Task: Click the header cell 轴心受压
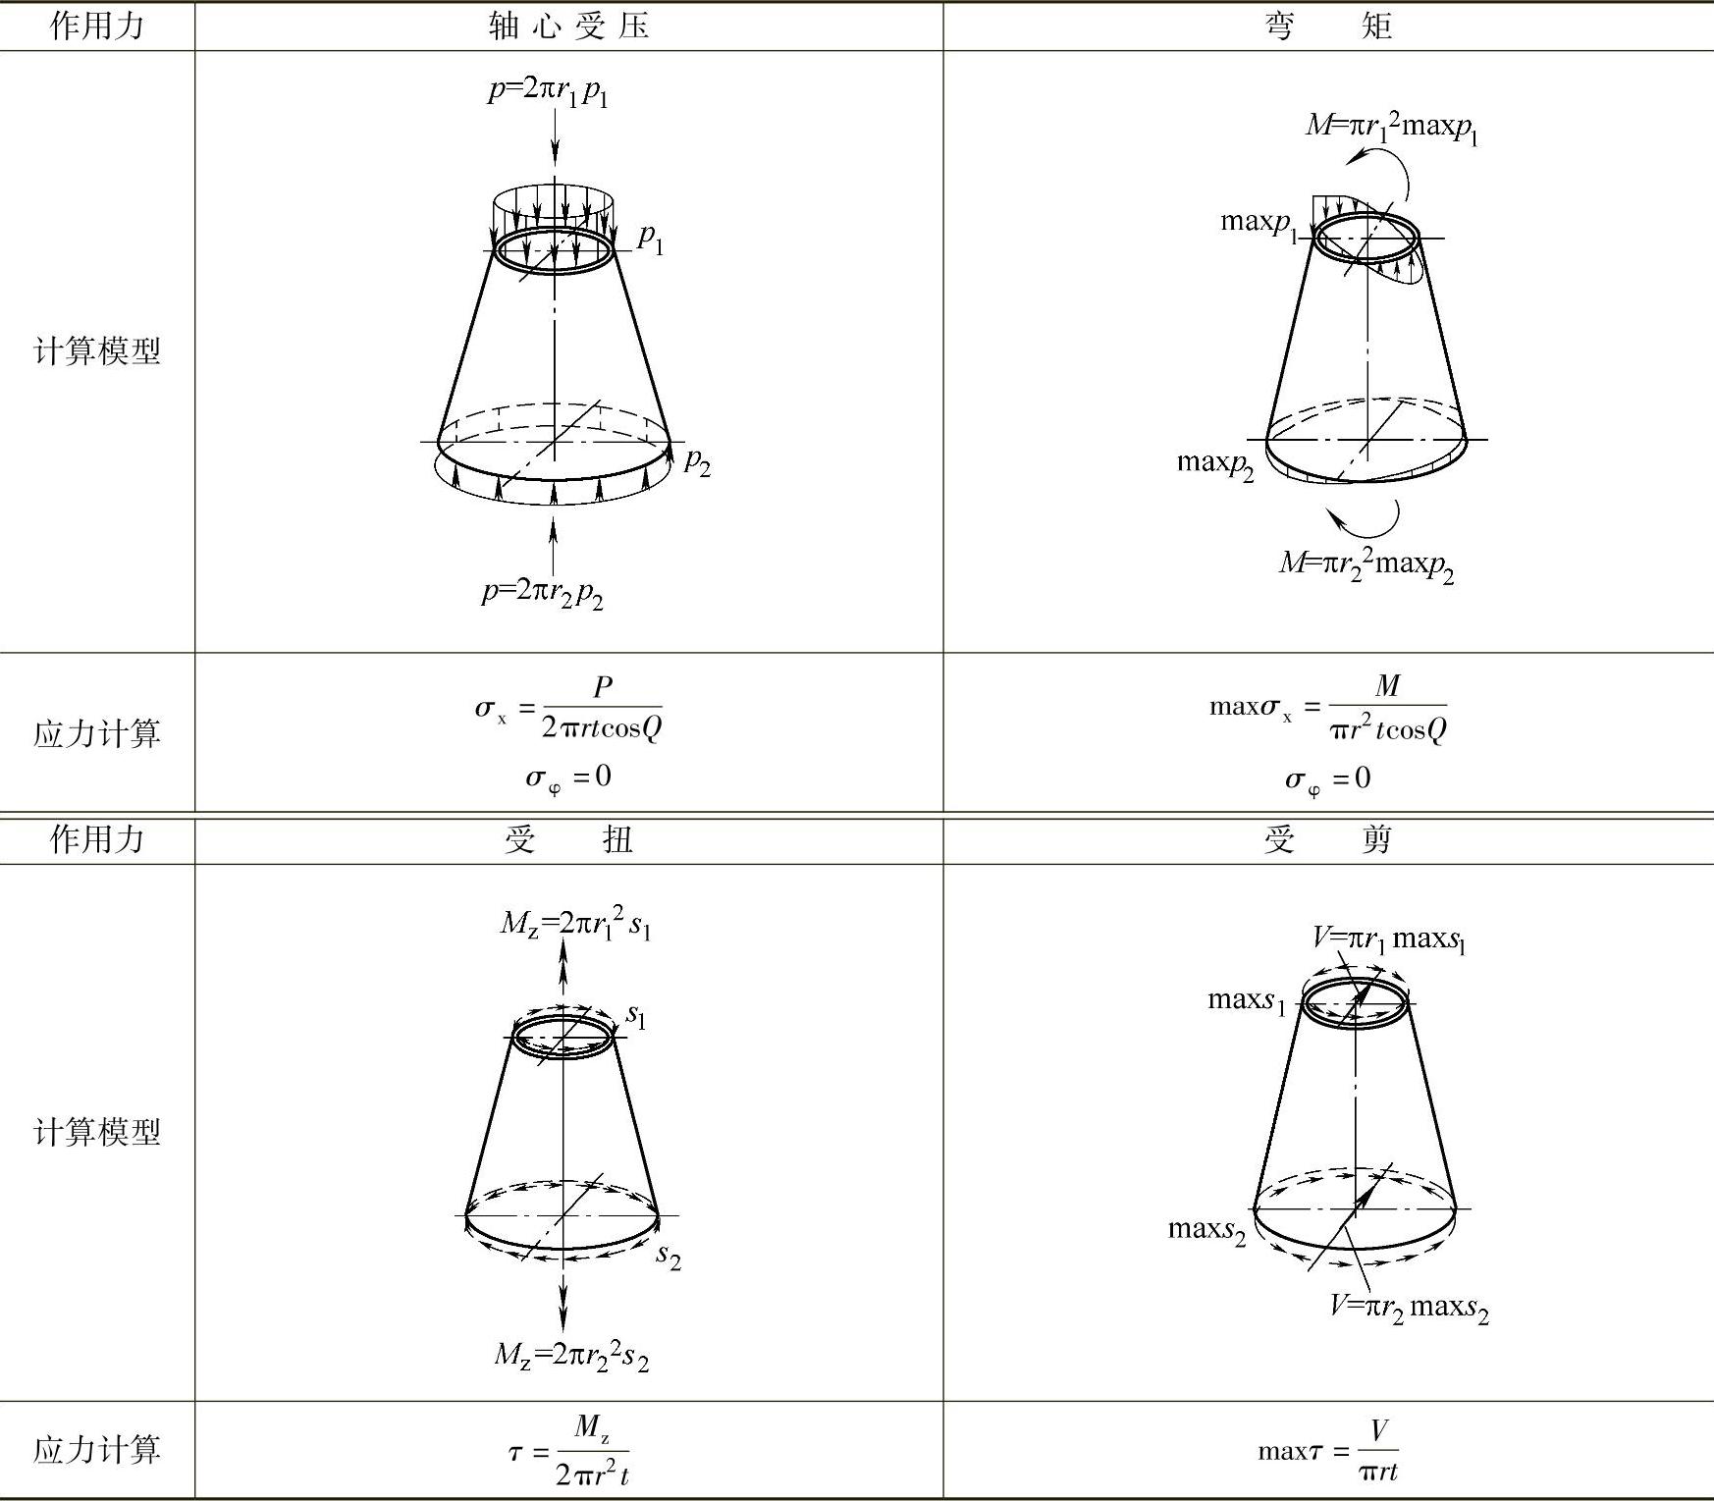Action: pos(568,26)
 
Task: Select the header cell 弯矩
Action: pos(1327,26)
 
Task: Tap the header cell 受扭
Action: pos(568,839)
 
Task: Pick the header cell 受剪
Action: pos(1327,839)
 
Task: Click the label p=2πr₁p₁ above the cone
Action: pos(548,92)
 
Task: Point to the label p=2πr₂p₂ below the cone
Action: pos(542,592)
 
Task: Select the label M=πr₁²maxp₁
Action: pos(1391,127)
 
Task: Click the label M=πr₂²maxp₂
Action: pos(1366,564)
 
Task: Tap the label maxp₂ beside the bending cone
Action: pos(1215,462)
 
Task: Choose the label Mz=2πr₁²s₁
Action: pos(575,924)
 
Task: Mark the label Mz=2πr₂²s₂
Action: pos(571,1356)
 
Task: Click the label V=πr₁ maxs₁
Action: pos(1388,939)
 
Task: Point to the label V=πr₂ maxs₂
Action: pos(1409,1308)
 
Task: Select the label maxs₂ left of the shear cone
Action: pos(1206,1230)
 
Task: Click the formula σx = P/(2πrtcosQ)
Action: pos(568,708)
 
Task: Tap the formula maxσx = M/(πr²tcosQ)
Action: pos(1327,708)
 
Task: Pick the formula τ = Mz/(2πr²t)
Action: pos(568,1451)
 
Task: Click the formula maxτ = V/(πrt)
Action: pos(1327,1451)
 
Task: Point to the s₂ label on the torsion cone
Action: pos(669,1256)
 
